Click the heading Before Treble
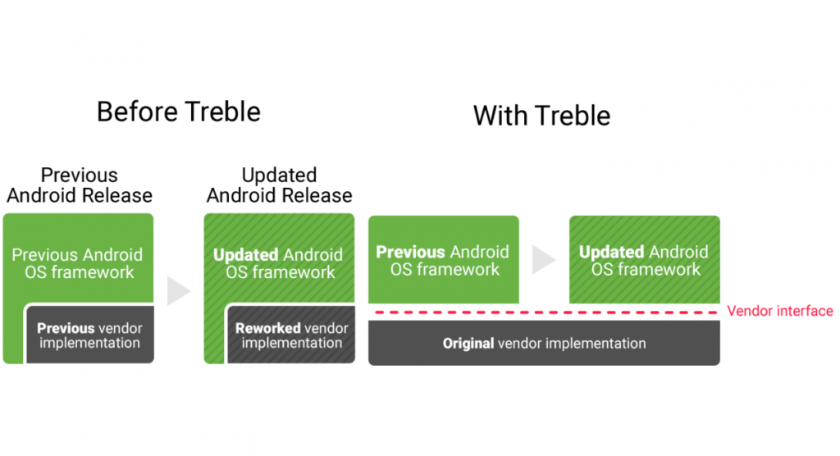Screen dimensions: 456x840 click(x=178, y=111)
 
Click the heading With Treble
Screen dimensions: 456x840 click(x=541, y=116)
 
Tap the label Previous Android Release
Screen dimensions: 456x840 click(x=80, y=185)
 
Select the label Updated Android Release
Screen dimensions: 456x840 click(x=279, y=185)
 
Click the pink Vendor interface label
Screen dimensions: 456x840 click(x=779, y=311)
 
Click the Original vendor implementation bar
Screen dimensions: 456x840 click(x=544, y=343)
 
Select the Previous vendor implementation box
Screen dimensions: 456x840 click(x=89, y=335)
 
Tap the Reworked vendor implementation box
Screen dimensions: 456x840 click(x=291, y=335)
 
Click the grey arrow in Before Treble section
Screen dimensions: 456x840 click(x=179, y=291)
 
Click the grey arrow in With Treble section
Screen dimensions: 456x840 click(x=543, y=260)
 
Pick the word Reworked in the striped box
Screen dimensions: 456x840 click(x=267, y=328)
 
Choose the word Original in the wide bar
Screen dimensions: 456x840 click(x=468, y=344)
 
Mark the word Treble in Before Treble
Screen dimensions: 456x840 click(x=221, y=111)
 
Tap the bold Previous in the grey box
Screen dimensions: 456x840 click(x=66, y=328)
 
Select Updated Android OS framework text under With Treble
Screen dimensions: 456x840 click(x=644, y=261)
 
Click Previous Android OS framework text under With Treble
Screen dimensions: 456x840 click(x=443, y=261)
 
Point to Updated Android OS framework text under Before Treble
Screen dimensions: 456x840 click(x=280, y=263)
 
